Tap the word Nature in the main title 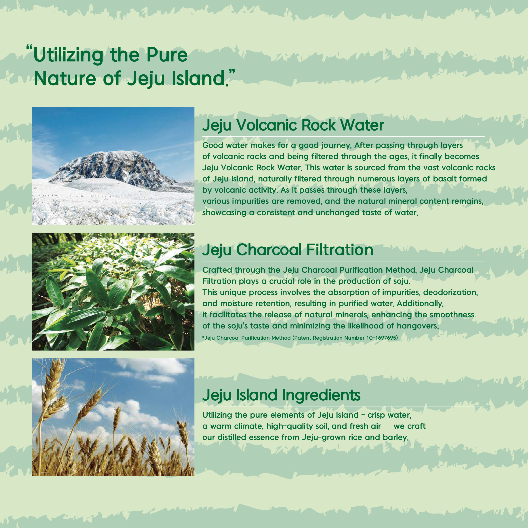(x=65, y=78)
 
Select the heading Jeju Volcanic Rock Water (x=293, y=125)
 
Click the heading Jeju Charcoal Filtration (x=288, y=250)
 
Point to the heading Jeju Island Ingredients (x=281, y=395)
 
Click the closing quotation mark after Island (x=231, y=72)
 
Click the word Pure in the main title (x=167, y=55)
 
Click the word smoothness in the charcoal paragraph (x=452, y=315)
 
